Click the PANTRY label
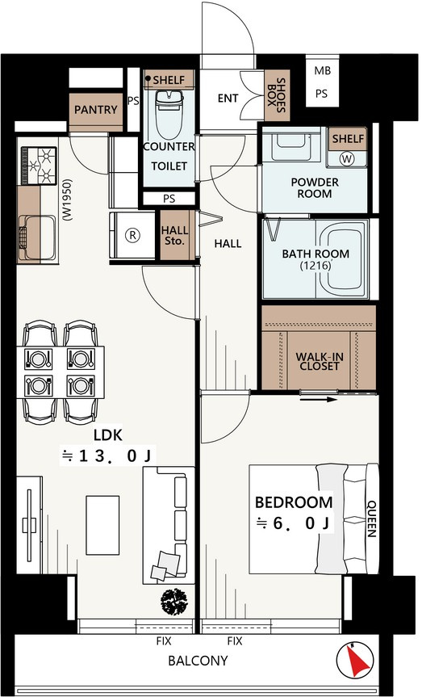[95, 109]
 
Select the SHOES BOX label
[276, 95]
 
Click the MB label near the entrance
[323, 71]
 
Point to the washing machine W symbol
[347, 158]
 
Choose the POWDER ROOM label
[315, 188]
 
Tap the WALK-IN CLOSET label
[319, 361]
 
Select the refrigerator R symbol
[132, 235]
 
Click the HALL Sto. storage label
[174, 236]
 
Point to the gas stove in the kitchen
[38, 166]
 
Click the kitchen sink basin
[37, 237]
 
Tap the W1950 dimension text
[67, 199]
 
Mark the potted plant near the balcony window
[173, 602]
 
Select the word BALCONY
[198, 661]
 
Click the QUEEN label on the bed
[371, 519]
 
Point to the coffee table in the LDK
[102, 525]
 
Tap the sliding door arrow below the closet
[319, 399]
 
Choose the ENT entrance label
[228, 98]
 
